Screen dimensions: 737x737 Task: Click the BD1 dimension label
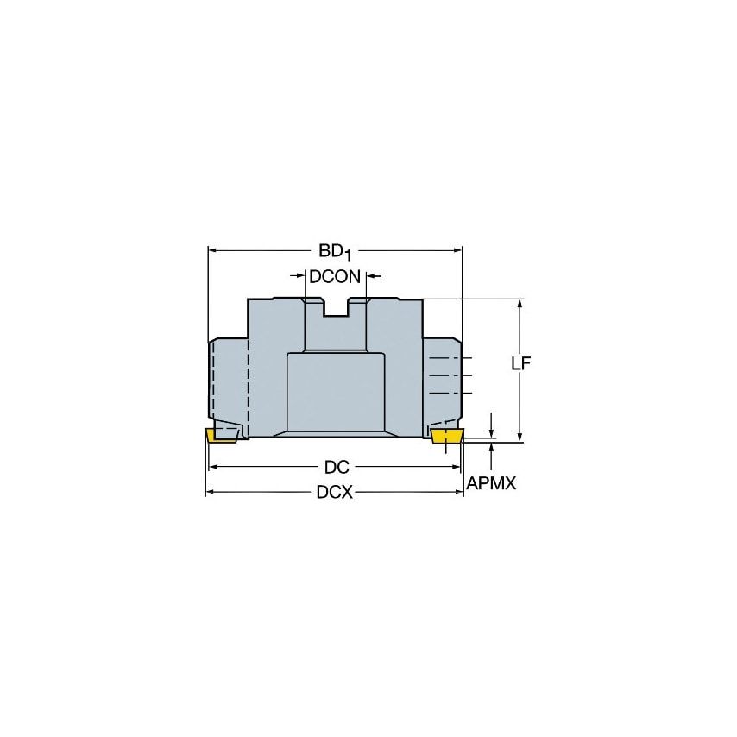pyautogui.click(x=335, y=251)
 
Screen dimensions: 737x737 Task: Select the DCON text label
pyautogui.click(x=335, y=277)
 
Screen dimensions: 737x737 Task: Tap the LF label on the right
pyautogui.click(x=520, y=363)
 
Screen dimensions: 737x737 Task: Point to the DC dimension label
pyautogui.click(x=336, y=467)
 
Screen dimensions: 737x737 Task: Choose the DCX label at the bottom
pyautogui.click(x=336, y=494)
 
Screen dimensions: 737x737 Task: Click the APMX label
pyautogui.click(x=490, y=484)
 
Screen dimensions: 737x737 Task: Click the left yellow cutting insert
pyautogui.click(x=221, y=435)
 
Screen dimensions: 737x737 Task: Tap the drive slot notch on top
pyautogui.click(x=337, y=307)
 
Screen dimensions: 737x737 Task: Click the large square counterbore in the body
pyautogui.click(x=336, y=393)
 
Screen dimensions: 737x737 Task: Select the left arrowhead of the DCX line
pyautogui.click(x=211, y=494)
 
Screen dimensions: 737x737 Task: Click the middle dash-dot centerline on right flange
pyautogui.click(x=451, y=375)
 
